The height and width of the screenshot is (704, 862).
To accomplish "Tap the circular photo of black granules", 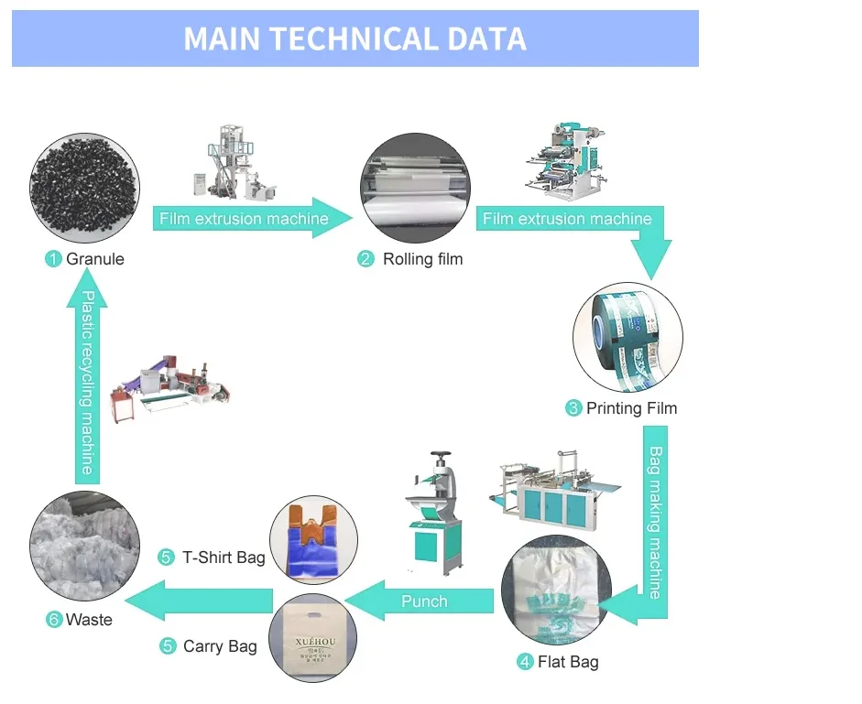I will click(x=84, y=190).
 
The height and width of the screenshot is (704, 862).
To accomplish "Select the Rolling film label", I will click(x=422, y=259).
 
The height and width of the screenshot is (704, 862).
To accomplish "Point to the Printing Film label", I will click(x=631, y=408).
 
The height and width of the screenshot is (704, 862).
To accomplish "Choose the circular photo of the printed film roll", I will click(x=628, y=337).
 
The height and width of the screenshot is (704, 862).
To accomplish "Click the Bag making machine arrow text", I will click(x=656, y=522).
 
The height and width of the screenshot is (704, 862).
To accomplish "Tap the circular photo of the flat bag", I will click(x=556, y=590).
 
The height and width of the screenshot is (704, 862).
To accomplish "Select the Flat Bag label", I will click(x=568, y=662).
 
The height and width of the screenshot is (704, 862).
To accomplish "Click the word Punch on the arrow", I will click(x=424, y=601).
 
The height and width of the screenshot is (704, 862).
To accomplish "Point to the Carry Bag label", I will click(x=220, y=646).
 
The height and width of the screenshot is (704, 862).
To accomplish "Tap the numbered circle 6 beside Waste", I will click(x=54, y=620).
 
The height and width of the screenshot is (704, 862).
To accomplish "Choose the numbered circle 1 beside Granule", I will click(x=53, y=259).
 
